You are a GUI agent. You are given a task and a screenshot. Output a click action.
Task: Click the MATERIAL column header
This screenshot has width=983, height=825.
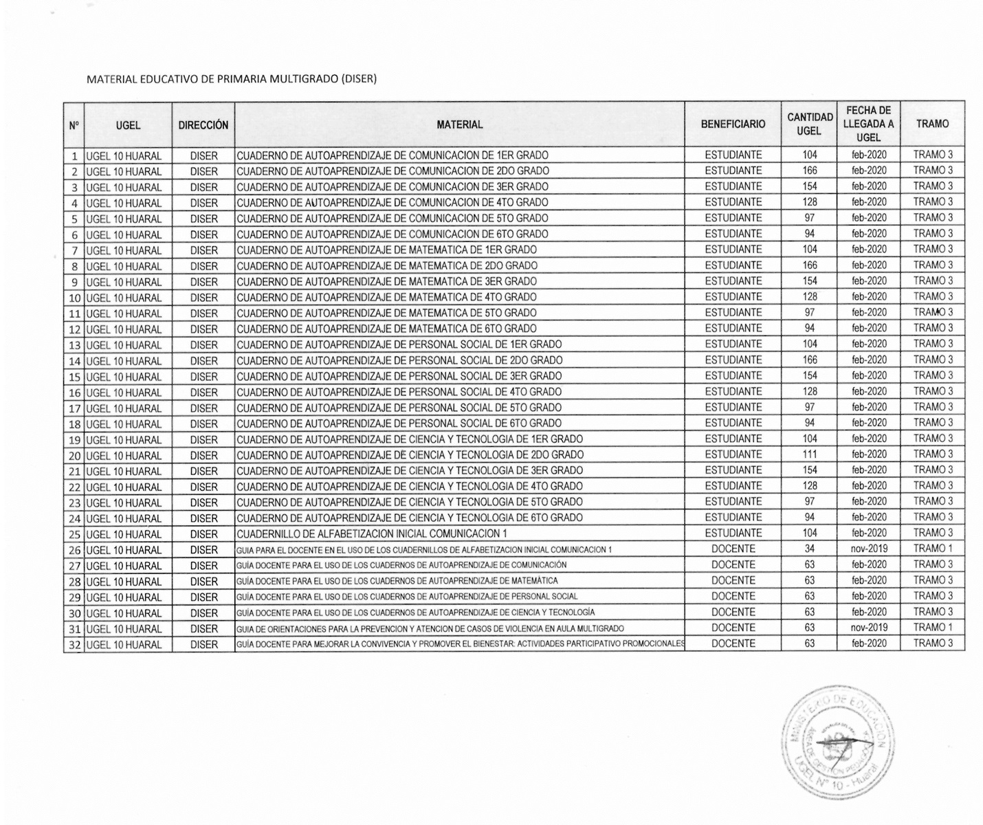tap(459, 124)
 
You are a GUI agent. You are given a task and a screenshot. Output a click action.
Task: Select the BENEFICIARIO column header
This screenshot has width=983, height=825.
tap(733, 124)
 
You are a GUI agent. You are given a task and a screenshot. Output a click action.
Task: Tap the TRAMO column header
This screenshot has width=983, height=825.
tap(932, 124)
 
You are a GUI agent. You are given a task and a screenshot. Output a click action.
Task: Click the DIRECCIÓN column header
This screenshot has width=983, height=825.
tap(203, 125)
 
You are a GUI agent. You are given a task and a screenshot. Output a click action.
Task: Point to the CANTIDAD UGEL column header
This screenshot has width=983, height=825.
tap(810, 124)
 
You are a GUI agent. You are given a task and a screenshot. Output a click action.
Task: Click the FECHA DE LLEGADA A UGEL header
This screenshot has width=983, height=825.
tap(868, 124)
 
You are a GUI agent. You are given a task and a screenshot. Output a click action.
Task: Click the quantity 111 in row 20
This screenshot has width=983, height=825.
tap(810, 454)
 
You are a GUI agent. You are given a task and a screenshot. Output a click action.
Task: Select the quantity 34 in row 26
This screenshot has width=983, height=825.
tap(810, 549)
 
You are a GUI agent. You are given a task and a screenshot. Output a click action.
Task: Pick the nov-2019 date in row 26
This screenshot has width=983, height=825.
tap(869, 549)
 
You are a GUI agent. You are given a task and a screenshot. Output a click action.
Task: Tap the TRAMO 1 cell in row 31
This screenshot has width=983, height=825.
tap(933, 627)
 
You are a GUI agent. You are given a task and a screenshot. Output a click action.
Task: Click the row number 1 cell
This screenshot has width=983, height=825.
tap(74, 156)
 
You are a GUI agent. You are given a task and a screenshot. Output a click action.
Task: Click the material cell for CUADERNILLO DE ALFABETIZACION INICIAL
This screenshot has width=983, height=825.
tap(372, 533)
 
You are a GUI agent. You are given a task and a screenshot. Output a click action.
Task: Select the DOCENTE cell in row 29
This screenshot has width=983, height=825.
tap(733, 596)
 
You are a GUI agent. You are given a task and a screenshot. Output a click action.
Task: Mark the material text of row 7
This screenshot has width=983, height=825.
tap(387, 250)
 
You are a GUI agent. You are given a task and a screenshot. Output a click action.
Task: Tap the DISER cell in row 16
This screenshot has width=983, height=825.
tap(203, 393)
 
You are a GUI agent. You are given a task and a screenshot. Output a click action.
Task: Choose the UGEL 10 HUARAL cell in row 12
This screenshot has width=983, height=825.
tap(124, 329)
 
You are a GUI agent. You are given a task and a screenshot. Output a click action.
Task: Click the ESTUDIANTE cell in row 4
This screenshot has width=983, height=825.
tap(733, 202)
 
